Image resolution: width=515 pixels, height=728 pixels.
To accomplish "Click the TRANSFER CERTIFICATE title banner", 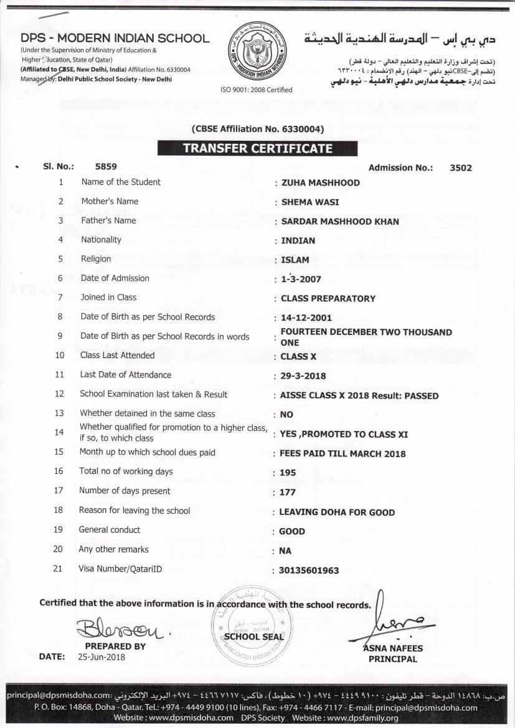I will click(x=257, y=149).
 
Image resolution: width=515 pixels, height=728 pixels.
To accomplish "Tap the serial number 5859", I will click(x=106, y=167).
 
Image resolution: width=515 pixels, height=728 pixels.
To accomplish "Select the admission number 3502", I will click(x=461, y=168).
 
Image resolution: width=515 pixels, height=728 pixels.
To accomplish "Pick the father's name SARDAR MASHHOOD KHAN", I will click(x=340, y=222).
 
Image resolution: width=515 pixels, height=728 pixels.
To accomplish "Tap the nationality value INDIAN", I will click(x=298, y=241).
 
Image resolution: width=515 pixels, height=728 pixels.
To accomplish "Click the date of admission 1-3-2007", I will click(x=301, y=280).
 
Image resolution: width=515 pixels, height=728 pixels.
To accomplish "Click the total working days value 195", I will click(x=288, y=473).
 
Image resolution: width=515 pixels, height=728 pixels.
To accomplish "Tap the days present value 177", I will click(x=288, y=492).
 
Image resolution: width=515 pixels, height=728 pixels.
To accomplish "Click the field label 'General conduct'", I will click(x=110, y=530).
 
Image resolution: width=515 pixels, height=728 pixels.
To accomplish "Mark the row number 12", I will click(x=60, y=394).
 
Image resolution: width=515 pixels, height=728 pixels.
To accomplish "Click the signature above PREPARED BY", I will click(x=118, y=630).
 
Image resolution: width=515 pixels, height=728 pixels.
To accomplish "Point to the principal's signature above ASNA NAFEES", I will click(x=399, y=623).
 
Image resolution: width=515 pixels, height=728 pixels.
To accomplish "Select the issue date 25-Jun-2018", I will click(x=102, y=657).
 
